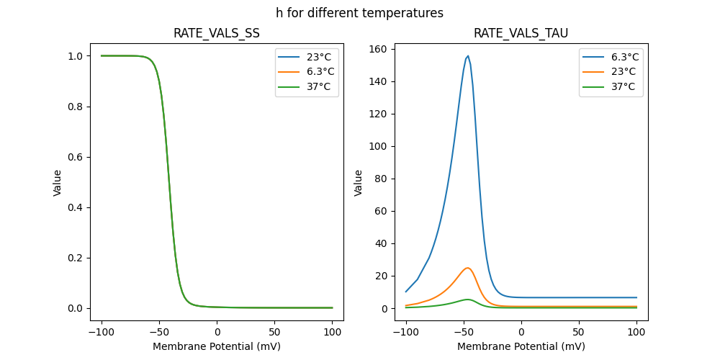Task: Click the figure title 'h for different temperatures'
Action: click(x=359, y=13)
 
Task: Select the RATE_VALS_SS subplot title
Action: click(x=217, y=34)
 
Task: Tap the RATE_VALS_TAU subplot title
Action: click(x=521, y=34)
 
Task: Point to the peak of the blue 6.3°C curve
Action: click(x=468, y=56)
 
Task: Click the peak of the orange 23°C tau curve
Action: click(x=468, y=268)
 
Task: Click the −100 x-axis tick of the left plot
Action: click(x=101, y=333)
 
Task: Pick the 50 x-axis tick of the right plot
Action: click(x=579, y=333)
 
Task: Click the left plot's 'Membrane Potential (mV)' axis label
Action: click(x=217, y=346)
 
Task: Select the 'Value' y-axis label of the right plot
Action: click(x=358, y=183)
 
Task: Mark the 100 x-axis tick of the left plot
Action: click(x=333, y=333)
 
